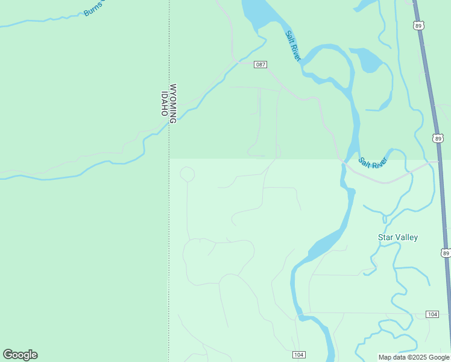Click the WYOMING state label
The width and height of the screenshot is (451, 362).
[x=173, y=104]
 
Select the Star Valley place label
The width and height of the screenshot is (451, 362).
[x=398, y=237]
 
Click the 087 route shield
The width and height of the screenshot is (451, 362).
[x=260, y=65]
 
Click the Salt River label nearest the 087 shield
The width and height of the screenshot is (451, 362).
[x=293, y=45]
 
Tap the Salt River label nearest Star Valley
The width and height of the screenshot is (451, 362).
[x=372, y=162]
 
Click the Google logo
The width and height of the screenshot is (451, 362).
[x=20, y=355]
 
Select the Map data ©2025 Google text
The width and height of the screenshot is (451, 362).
[x=414, y=357]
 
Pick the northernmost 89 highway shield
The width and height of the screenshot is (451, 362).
[x=420, y=25]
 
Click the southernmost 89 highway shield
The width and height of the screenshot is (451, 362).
[x=445, y=253]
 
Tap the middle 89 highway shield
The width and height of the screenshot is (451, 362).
[x=438, y=138]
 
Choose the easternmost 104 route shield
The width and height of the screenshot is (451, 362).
[x=432, y=314]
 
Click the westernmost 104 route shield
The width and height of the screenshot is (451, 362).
[x=298, y=354]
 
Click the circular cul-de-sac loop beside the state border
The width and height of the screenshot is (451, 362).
[x=187, y=174]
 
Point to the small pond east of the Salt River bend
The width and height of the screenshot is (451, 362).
[x=368, y=60]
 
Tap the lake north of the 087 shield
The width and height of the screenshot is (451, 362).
[x=256, y=12]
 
